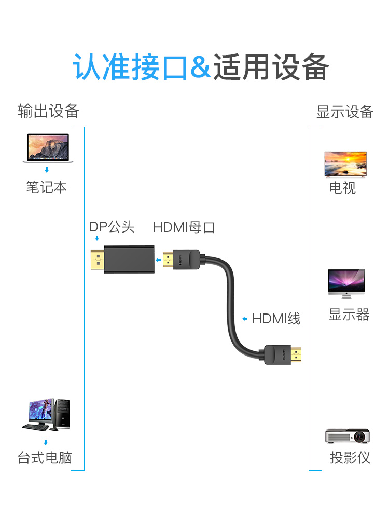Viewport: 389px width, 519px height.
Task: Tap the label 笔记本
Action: coord(47,187)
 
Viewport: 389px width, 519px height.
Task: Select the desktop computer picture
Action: coord(46,415)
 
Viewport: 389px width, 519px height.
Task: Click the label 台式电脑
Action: coord(45,458)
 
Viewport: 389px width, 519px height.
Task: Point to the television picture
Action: coord(345,165)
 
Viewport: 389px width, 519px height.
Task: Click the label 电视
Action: coord(343,187)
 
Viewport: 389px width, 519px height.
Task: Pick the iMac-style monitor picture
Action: coord(346,283)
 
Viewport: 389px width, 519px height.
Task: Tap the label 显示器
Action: coord(349,315)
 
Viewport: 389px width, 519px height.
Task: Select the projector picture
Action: coord(347,436)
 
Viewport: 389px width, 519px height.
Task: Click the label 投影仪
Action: coord(350,458)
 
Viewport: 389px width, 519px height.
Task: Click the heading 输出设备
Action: coord(48,111)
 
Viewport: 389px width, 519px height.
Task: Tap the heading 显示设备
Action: coord(345,112)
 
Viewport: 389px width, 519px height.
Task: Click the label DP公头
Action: coord(112,227)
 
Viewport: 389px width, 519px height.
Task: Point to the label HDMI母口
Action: coord(184,227)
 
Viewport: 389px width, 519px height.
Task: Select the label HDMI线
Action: coord(276,318)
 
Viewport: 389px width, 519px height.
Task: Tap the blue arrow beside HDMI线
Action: coord(245,318)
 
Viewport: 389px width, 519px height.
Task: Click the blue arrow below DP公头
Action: coord(96,238)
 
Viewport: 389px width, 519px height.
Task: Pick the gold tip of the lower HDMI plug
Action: coord(296,355)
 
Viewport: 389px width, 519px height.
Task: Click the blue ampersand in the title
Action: coord(201,68)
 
